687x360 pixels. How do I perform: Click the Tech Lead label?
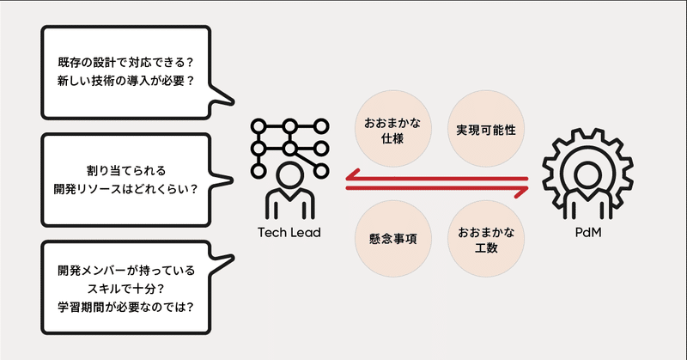pyautogui.click(x=289, y=233)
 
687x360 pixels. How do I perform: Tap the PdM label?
pyautogui.click(x=587, y=233)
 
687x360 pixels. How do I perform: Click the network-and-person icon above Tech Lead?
pyautogui.click(x=289, y=168)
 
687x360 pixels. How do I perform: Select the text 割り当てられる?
pyautogui.click(x=124, y=169)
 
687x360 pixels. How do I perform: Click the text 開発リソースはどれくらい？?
pyautogui.click(x=124, y=189)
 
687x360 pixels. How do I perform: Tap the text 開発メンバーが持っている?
pyautogui.click(x=124, y=270)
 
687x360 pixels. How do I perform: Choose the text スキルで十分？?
pyautogui.click(x=124, y=289)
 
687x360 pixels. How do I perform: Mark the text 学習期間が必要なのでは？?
pyautogui.click(x=124, y=308)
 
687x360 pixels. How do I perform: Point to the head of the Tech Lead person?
pyautogui.click(x=289, y=177)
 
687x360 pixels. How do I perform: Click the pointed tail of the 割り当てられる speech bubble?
pyautogui.click(x=227, y=180)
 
